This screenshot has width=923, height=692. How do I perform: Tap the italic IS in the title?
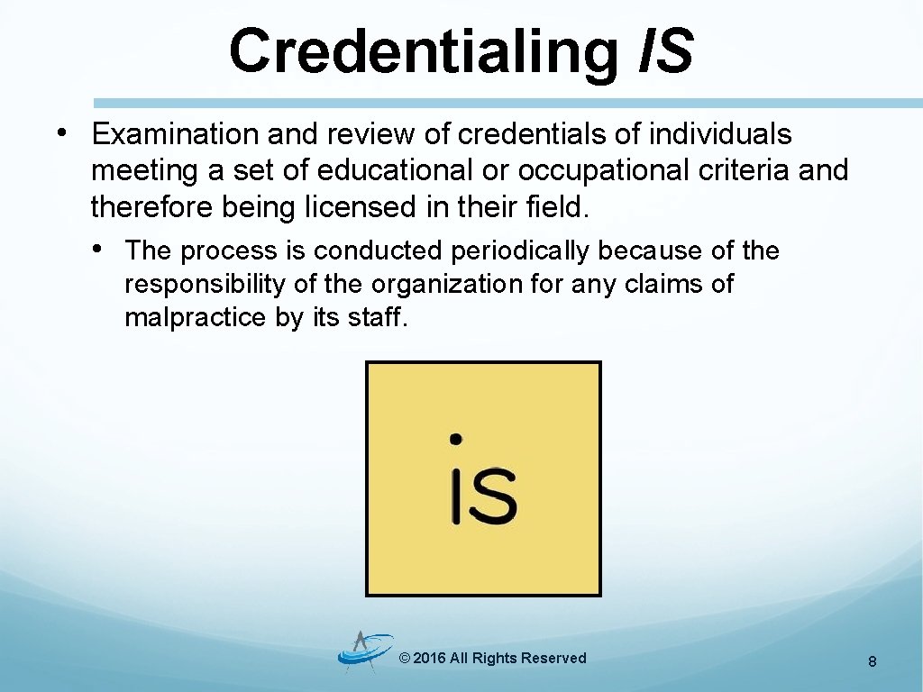[x=665, y=50]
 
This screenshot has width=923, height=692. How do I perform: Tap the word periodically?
[x=520, y=250]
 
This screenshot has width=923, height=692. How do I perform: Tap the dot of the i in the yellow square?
[x=456, y=439]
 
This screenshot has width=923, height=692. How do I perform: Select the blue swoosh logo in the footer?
[x=365, y=651]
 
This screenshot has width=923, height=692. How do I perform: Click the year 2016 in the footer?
[x=429, y=659]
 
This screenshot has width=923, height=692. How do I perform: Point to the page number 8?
[x=873, y=662]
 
